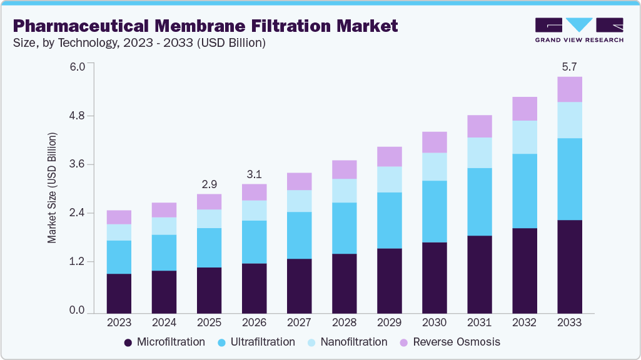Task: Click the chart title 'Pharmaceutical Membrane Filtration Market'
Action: [x=205, y=26]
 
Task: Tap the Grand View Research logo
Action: [x=579, y=30]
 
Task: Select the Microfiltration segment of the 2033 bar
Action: [x=569, y=266]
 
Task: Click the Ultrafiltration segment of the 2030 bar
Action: [x=434, y=211]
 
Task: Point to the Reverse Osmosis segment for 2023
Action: [x=119, y=217]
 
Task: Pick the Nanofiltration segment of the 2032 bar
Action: [x=524, y=137]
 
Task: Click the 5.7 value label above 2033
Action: [x=569, y=66]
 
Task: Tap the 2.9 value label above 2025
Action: [x=209, y=184]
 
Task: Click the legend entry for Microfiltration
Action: [x=164, y=342]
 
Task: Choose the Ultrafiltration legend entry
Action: [x=256, y=342]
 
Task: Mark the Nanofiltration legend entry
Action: [x=348, y=342]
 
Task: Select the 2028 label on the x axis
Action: [x=344, y=322]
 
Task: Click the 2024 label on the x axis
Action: [x=164, y=322]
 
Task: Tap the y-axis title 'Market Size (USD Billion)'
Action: [x=52, y=188]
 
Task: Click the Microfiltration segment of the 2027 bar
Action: [x=299, y=286]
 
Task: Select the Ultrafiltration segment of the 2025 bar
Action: [x=209, y=247]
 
